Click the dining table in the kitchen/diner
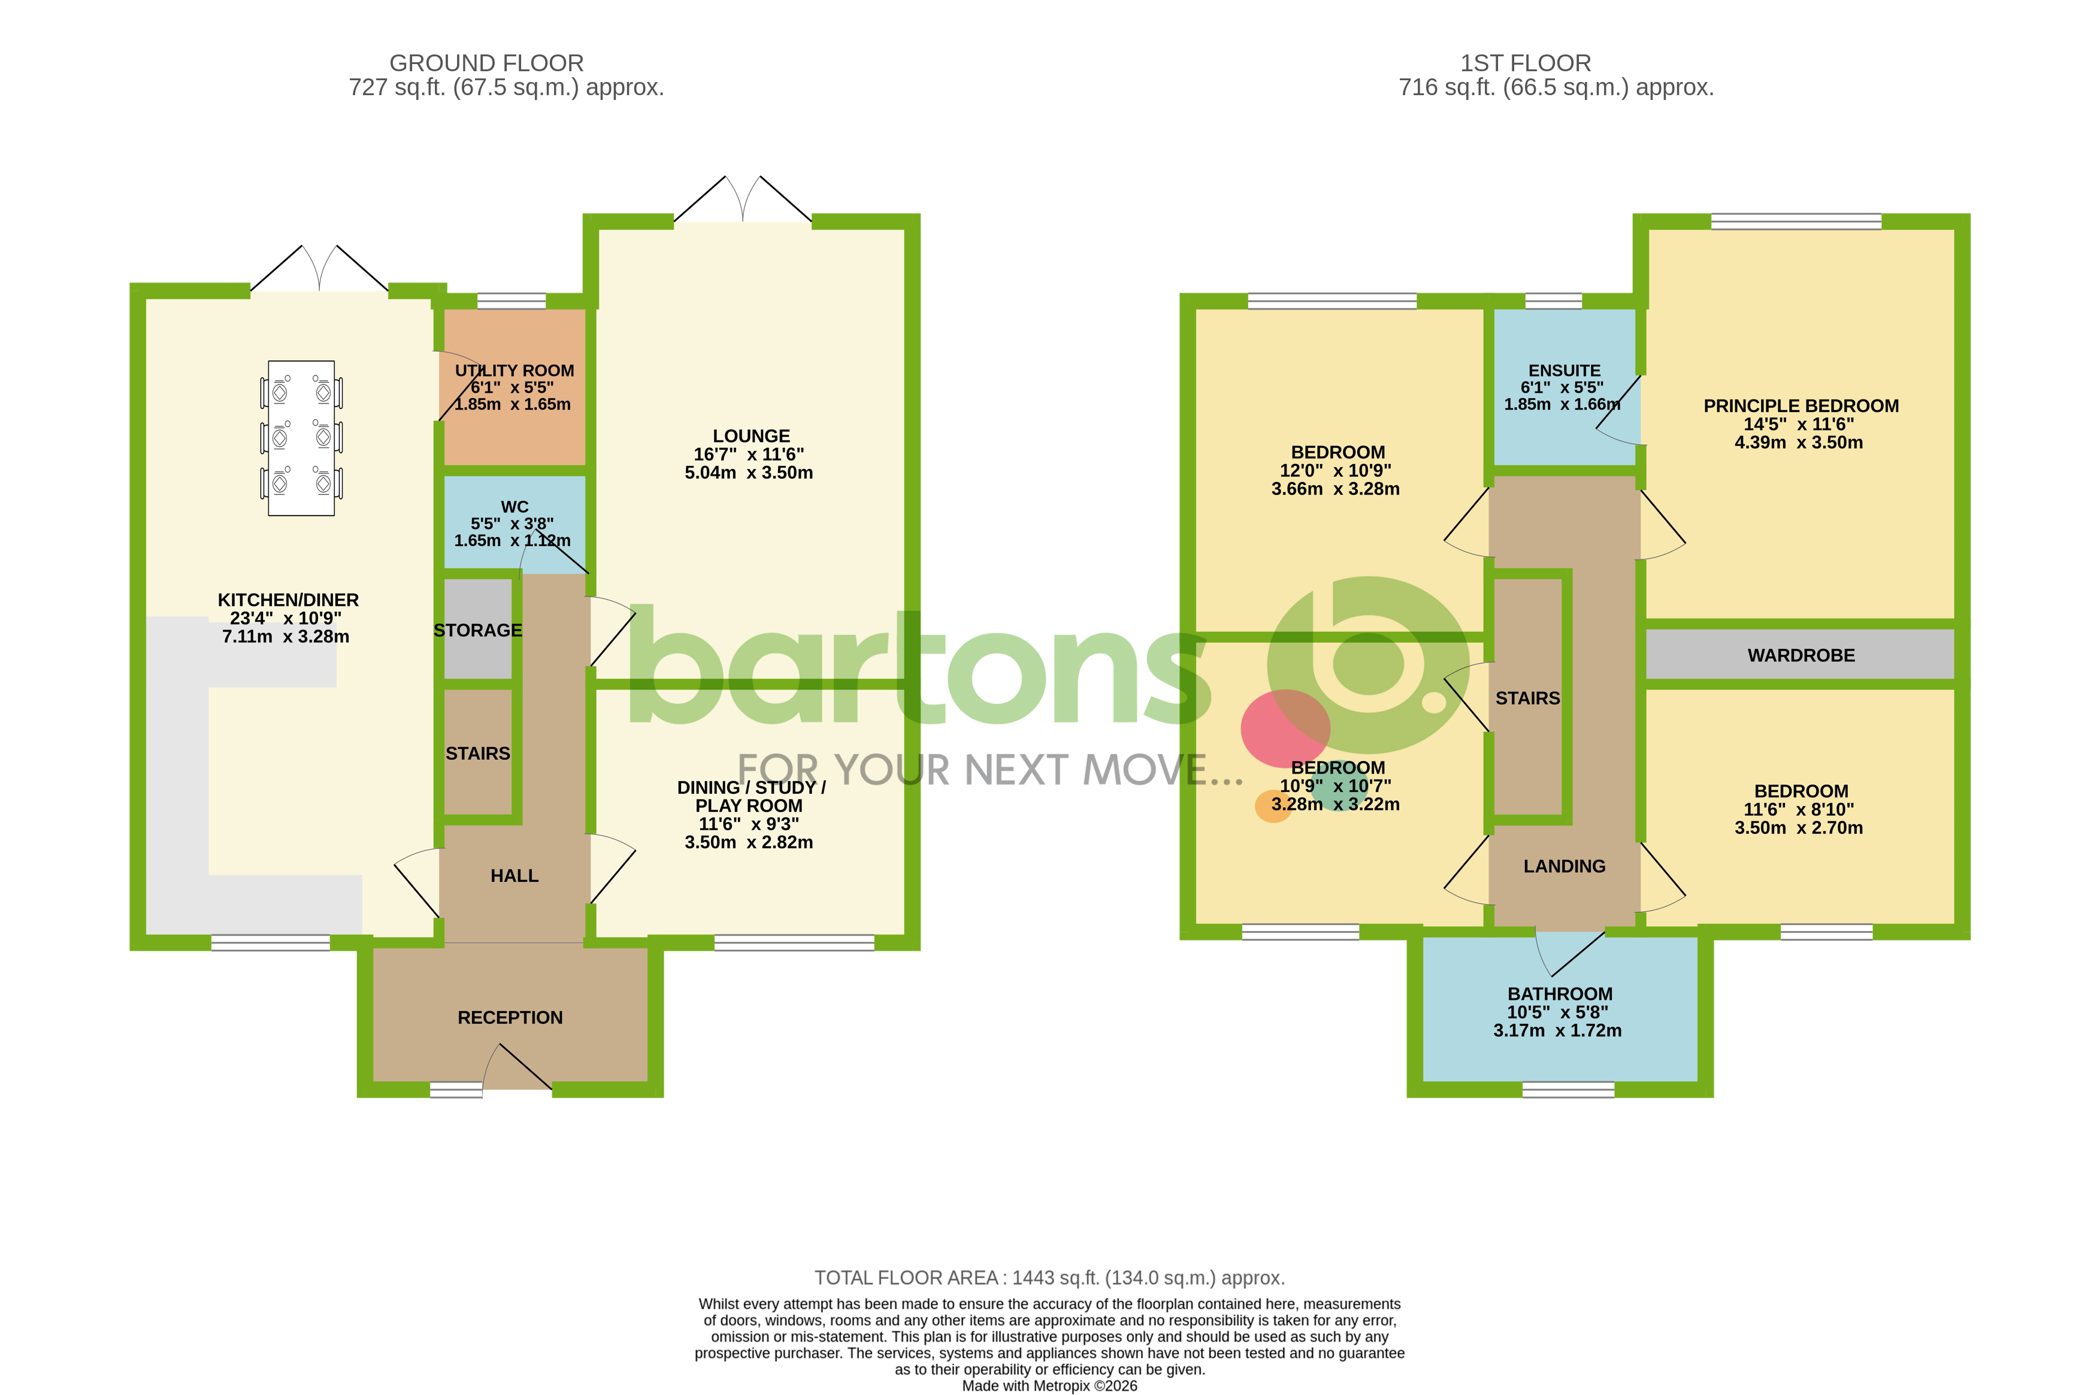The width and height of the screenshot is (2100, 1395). pyautogui.click(x=301, y=438)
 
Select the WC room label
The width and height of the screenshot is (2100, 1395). pyautogui.click(x=515, y=507)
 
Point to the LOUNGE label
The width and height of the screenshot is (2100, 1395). pyautogui.click(x=751, y=436)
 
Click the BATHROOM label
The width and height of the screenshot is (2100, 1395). pyautogui.click(x=1559, y=994)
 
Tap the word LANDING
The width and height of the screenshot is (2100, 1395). pyautogui.click(x=1563, y=866)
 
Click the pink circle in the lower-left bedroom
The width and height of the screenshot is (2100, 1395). pyautogui.click(x=1284, y=728)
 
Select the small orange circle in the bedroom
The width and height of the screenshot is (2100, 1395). pyautogui.click(x=1272, y=806)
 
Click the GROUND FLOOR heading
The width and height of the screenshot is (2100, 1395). pyautogui.click(x=487, y=63)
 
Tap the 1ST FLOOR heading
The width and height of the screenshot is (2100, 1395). pyautogui.click(x=1525, y=63)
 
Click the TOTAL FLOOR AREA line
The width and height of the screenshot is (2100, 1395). pyautogui.click(x=1049, y=1278)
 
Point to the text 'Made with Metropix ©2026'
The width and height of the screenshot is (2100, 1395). pyautogui.click(x=1049, y=1386)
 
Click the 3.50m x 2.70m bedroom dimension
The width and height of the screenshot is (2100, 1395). pyautogui.click(x=1798, y=828)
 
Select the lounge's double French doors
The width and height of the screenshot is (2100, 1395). pyautogui.click(x=742, y=200)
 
